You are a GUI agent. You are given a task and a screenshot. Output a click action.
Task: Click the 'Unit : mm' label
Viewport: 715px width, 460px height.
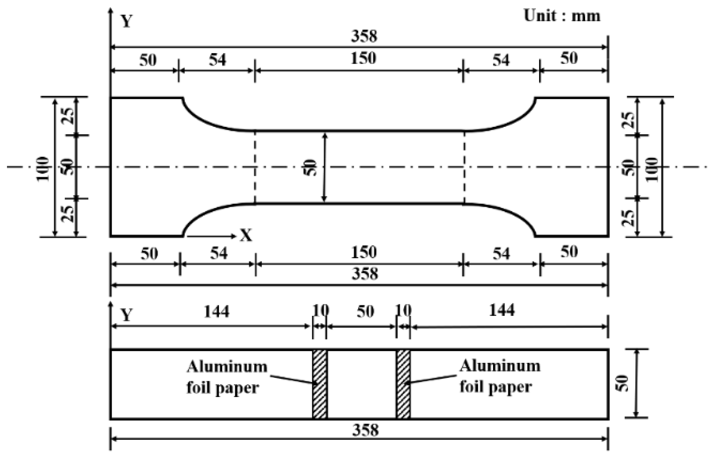562,16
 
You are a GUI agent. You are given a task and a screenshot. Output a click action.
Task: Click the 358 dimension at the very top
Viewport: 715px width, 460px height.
364,36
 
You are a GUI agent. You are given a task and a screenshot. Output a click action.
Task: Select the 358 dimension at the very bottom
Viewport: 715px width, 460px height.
365,430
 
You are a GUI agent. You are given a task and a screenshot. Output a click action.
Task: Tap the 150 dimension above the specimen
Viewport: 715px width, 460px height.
363,58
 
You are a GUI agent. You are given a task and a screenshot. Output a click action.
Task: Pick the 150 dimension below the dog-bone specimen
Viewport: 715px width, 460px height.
364,252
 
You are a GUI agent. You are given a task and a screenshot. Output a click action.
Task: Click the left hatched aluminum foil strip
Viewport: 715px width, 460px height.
319,384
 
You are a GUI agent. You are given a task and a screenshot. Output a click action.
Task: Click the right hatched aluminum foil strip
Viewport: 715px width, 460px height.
403,384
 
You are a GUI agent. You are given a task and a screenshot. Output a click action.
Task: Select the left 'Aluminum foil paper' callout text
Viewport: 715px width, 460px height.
226,377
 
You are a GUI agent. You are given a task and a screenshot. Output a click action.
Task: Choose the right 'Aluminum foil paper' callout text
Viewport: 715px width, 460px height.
500,376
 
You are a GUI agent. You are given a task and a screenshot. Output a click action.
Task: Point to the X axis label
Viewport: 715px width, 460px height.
246,235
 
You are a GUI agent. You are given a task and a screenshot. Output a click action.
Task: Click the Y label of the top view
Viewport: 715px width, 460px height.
127,21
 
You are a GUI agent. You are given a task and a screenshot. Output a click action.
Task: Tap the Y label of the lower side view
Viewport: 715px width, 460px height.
127,315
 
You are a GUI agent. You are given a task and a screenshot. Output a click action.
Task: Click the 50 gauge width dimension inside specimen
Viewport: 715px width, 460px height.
310,167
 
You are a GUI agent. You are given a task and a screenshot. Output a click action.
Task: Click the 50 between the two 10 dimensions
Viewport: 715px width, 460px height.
365,312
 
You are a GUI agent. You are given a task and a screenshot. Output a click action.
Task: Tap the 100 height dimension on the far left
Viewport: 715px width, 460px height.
43,168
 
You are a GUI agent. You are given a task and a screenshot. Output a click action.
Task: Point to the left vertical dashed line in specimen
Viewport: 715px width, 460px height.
255,167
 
